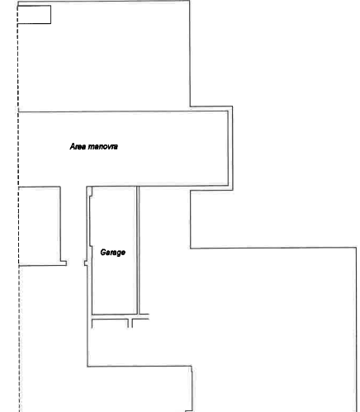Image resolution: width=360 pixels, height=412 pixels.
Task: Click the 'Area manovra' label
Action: pos(94,146)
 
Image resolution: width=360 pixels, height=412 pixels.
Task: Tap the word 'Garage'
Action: pos(113,253)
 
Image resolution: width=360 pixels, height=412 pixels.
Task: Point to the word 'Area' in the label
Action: pos(78,146)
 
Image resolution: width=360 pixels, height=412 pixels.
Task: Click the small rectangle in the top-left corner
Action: pos(34,15)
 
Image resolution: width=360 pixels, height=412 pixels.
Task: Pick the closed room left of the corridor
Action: pos(40,226)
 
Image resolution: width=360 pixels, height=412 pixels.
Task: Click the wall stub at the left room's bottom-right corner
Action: pos(64,263)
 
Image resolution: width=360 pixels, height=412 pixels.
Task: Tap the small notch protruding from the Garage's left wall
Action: pos(86,263)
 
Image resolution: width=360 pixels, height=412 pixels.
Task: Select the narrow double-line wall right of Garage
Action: pos(138,250)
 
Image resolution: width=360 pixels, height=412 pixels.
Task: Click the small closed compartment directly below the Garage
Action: pos(110,324)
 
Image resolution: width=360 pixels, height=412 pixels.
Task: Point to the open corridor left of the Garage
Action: pos(73,225)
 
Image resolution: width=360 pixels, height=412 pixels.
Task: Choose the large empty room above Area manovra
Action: pos(104,56)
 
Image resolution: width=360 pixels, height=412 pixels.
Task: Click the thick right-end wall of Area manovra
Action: pos(230,148)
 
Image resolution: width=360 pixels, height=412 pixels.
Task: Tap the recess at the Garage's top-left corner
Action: pos(91,192)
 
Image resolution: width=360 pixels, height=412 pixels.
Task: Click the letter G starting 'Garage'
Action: pos(103,252)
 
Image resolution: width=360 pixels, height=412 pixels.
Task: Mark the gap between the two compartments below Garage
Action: pos(130,324)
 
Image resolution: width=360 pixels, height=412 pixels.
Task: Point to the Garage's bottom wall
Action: pos(114,314)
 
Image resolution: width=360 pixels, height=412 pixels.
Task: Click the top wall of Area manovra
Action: pos(123,111)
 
